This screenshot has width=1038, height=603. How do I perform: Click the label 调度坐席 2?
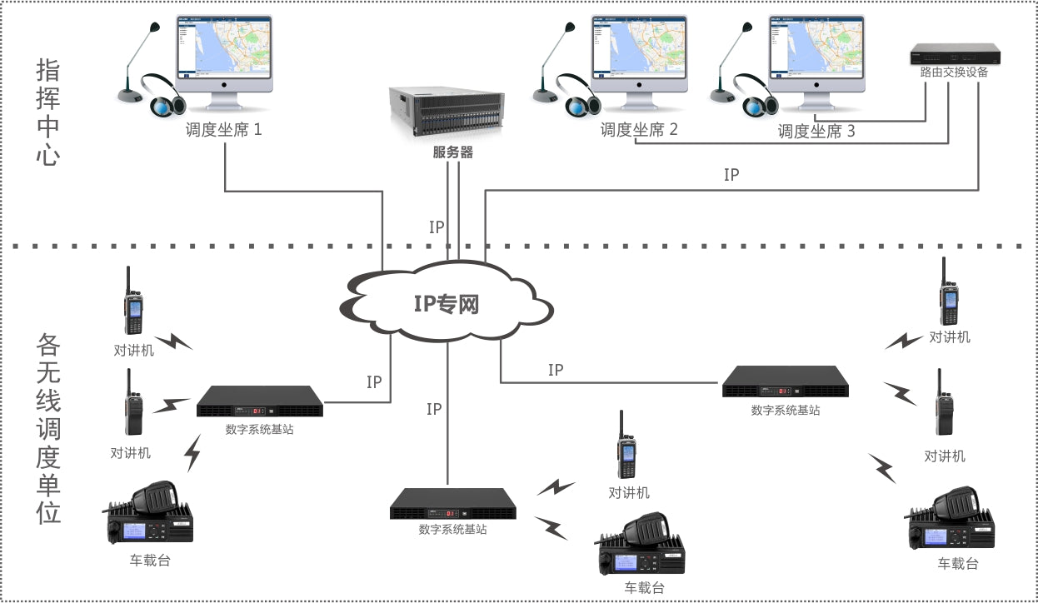tap(639, 130)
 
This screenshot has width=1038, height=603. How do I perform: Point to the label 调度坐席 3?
tap(816, 131)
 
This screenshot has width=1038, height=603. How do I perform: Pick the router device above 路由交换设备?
tap(954, 55)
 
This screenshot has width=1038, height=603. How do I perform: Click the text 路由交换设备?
tap(954, 72)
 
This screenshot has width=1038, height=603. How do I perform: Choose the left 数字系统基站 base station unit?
tap(260, 401)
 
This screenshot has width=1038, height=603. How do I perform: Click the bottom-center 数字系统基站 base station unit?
tap(453, 504)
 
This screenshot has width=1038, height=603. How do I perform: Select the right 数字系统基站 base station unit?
tap(786, 381)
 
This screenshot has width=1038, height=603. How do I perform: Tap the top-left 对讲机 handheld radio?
tap(132, 301)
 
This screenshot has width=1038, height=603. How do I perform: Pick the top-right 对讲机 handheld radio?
tap(949, 292)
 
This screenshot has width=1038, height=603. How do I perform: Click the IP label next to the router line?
tap(731, 175)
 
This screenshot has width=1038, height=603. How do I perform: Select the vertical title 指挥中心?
tap(48, 112)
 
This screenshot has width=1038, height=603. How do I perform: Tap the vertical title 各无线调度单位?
tap(49, 428)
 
